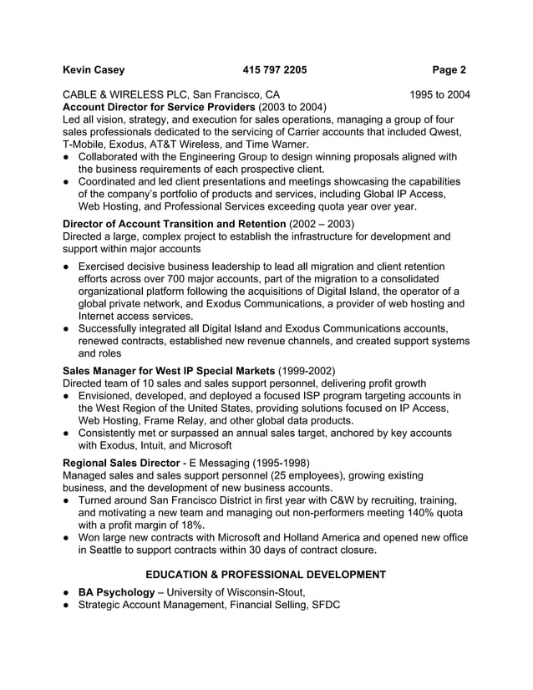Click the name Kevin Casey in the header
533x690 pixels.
tap(94, 70)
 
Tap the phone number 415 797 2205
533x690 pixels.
tap(275, 70)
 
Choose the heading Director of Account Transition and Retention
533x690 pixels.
tap(174, 224)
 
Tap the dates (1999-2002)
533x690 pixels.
tap(307, 370)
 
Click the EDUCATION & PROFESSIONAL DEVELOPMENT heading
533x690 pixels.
tap(266, 575)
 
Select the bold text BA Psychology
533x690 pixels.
tap(116, 592)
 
